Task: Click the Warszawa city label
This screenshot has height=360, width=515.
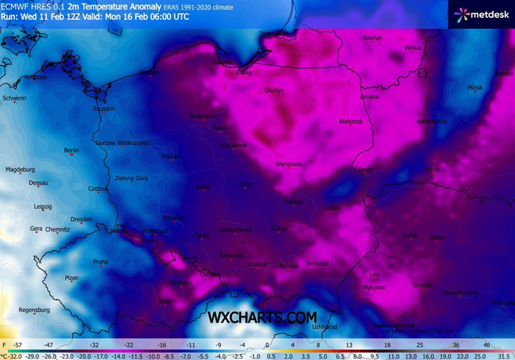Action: [x=288, y=164]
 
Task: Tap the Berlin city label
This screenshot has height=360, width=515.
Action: [x=71, y=150]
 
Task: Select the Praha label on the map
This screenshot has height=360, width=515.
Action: [x=101, y=262]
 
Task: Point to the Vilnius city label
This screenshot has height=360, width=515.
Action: [x=412, y=48]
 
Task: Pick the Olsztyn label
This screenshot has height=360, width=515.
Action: [x=274, y=90]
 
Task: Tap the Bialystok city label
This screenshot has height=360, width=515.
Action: [x=350, y=121]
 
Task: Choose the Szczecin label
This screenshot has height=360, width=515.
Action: [x=104, y=109]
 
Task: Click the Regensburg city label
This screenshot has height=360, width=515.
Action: [x=34, y=310]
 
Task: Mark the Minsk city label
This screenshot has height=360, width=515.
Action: [x=474, y=88]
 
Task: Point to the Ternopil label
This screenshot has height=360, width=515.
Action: [x=422, y=285]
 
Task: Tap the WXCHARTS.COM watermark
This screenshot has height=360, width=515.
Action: [x=263, y=317]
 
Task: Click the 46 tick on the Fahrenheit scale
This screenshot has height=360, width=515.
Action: [x=486, y=344]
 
